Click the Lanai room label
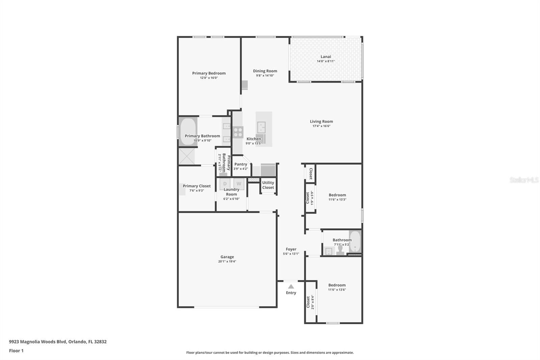(325, 57)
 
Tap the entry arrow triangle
(291, 286)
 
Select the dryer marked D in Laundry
(225, 184)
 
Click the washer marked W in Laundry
(239, 184)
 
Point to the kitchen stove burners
(238, 132)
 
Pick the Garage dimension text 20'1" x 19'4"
(227, 261)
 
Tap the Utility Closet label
(268, 185)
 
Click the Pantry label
(241, 164)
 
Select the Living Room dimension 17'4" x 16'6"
(321, 126)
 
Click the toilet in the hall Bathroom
(340, 250)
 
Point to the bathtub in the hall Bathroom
(355, 242)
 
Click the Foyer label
(291, 249)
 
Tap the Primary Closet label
(196, 186)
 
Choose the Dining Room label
(265, 71)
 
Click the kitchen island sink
(261, 127)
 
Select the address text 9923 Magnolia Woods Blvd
(38, 341)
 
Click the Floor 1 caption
(16, 351)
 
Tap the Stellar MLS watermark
(524, 180)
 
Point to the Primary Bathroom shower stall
(187, 156)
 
